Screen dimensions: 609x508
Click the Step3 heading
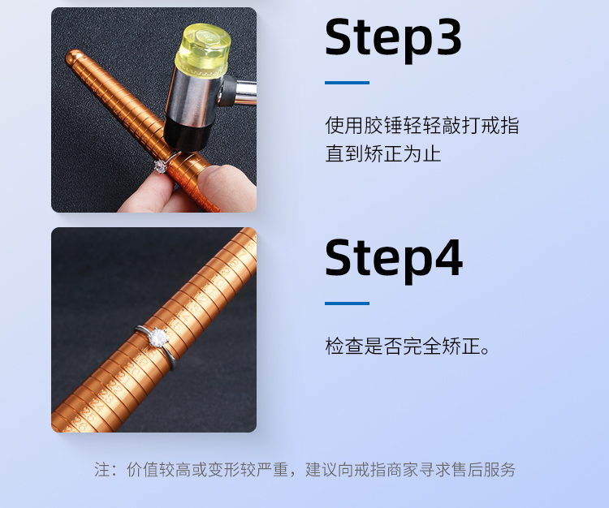coord(393,40)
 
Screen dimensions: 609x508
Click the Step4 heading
coord(394,260)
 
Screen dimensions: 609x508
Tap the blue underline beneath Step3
coord(347,83)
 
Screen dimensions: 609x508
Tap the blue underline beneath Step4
coord(347,304)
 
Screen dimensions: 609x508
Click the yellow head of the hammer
coord(203,49)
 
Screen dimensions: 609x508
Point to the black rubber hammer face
coord(184,134)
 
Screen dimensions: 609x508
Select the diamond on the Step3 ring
coord(160,166)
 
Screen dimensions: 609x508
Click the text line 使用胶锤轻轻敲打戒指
coord(421,125)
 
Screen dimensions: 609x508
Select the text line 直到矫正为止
coord(383,153)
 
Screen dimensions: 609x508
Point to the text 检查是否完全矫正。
coord(408,346)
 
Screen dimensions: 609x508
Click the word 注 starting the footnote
coord(101,470)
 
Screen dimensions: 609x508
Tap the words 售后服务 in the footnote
coord(483,470)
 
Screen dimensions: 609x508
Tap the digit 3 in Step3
coord(447,37)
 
